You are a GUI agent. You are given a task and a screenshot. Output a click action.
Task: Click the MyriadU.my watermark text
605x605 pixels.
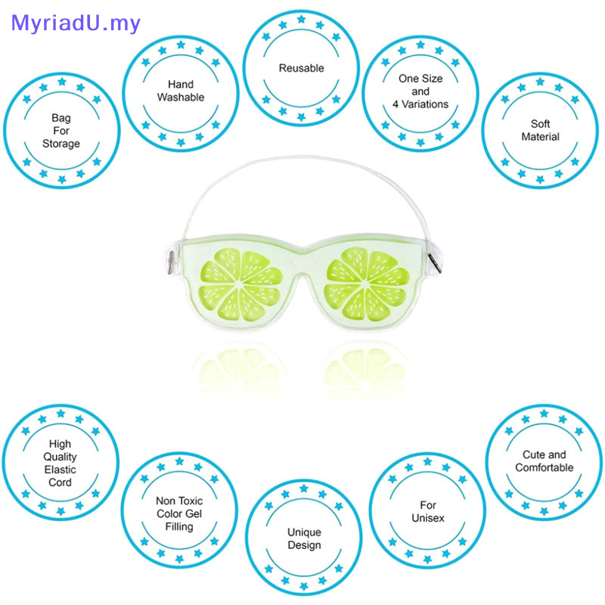coord(76,23)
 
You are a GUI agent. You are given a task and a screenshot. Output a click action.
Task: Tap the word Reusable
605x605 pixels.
coord(301,68)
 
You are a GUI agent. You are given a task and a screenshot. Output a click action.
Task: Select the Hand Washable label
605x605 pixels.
coord(181,91)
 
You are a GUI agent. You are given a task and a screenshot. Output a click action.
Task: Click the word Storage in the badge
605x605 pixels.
coord(60,144)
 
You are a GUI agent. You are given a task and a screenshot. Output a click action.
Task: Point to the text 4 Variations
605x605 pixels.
coord(421,104)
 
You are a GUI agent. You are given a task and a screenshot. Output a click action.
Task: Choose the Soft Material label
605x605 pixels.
coord(540,130)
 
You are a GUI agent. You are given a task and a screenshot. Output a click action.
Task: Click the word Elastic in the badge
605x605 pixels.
coord(60,470)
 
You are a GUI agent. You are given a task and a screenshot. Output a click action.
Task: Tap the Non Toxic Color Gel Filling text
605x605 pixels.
coord(179,513)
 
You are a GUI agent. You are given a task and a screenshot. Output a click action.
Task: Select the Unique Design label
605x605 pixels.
coord(304,538)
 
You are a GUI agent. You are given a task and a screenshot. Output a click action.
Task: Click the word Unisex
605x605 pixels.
coord(428,518)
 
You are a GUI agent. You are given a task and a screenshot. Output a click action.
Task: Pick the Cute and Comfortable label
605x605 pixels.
coord(544,461)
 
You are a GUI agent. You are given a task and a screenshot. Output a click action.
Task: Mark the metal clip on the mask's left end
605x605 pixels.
coord(170,262)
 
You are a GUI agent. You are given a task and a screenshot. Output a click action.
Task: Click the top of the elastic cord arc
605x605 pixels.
coord(302,158)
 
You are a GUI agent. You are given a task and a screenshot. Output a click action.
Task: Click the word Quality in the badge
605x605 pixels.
coord(60,457)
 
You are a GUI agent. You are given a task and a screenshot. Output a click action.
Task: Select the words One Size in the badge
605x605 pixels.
coord(420,79)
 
